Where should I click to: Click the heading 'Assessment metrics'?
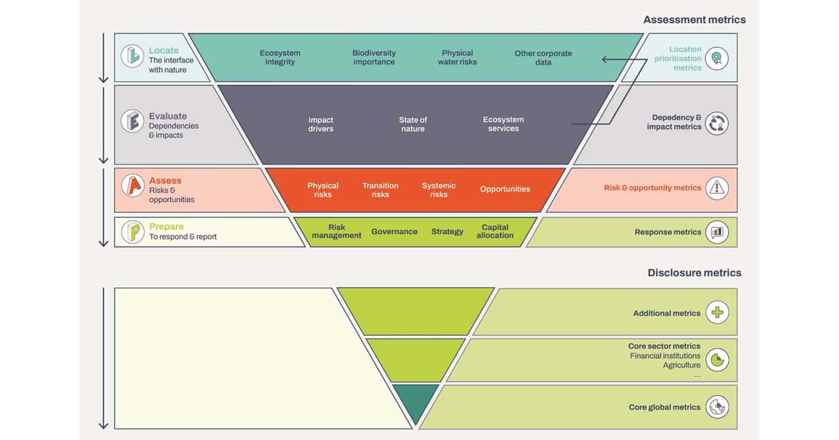point(694,20)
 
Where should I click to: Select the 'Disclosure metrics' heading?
point(694,272)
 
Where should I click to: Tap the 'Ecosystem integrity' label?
point(280,57)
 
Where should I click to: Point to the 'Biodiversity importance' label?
point(374,57)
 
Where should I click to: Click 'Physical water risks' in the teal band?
point(457,57)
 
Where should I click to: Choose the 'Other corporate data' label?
point(543,57)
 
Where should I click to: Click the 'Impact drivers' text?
point(321,124)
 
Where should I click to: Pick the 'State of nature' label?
point(413,124)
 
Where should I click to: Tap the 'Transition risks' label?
point(380,190)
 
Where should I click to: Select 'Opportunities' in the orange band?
point(505,189)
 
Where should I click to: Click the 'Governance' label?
point(394,232)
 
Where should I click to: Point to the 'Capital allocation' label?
point(495,231)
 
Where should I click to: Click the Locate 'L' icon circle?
point(132,56)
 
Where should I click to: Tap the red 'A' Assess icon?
point(132,186)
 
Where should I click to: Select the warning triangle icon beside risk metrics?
point(717,188)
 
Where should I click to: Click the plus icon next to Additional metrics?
point(717,313)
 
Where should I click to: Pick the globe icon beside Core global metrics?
point(717,406)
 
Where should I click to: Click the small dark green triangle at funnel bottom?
point(415,401)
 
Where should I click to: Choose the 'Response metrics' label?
point(668,232)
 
